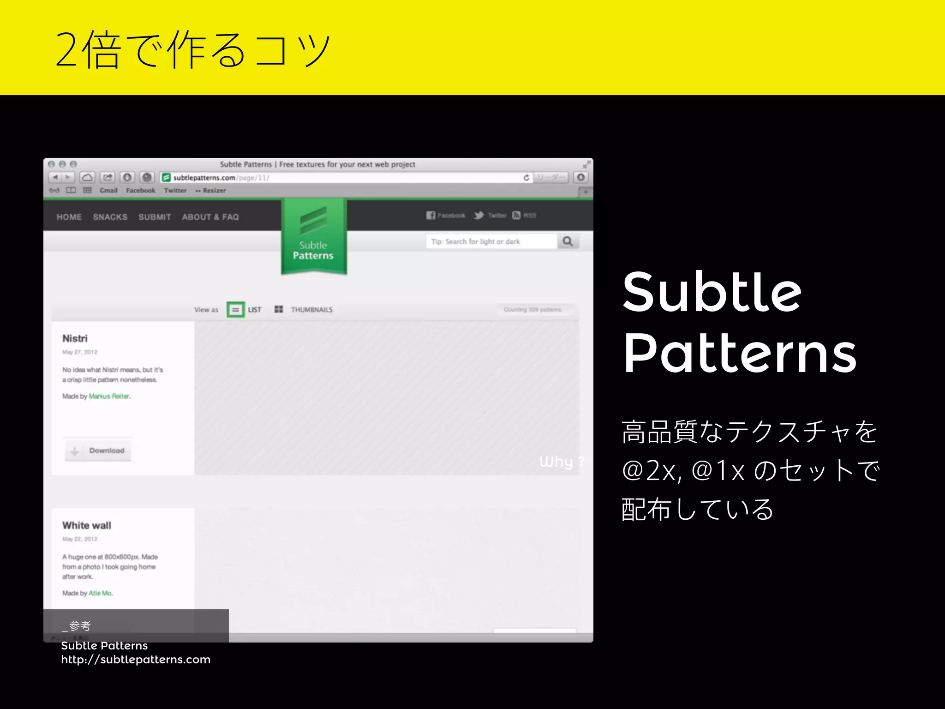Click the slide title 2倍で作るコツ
pyautogui.click(x=193, y=49)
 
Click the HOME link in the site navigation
pyautogui.click(x=69, y=217)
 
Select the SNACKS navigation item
pyautogui.click(x=110, y=217)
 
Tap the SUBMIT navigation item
pyautogui.click(x=155, y=217)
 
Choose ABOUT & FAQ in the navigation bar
pyautogui.click(x=210, y=217)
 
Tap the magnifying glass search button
pyautogui.click(x=568, y=241)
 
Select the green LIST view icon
pyautogui.click(x=235, y=310)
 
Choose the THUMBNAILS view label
pyautogui.click(x=311, y=310)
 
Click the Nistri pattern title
pyautogui.click(x=75, y=338)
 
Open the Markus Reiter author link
pyautogui.click(x=109, y=396)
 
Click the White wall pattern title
pyautogui.click(x=87, y=525)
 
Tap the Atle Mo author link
pyautogui.click(x=100, y=593)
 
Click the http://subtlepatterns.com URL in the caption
pyautogui.click(x=136, y=660)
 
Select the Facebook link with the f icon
pyautogui.click(x=446, y=215)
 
